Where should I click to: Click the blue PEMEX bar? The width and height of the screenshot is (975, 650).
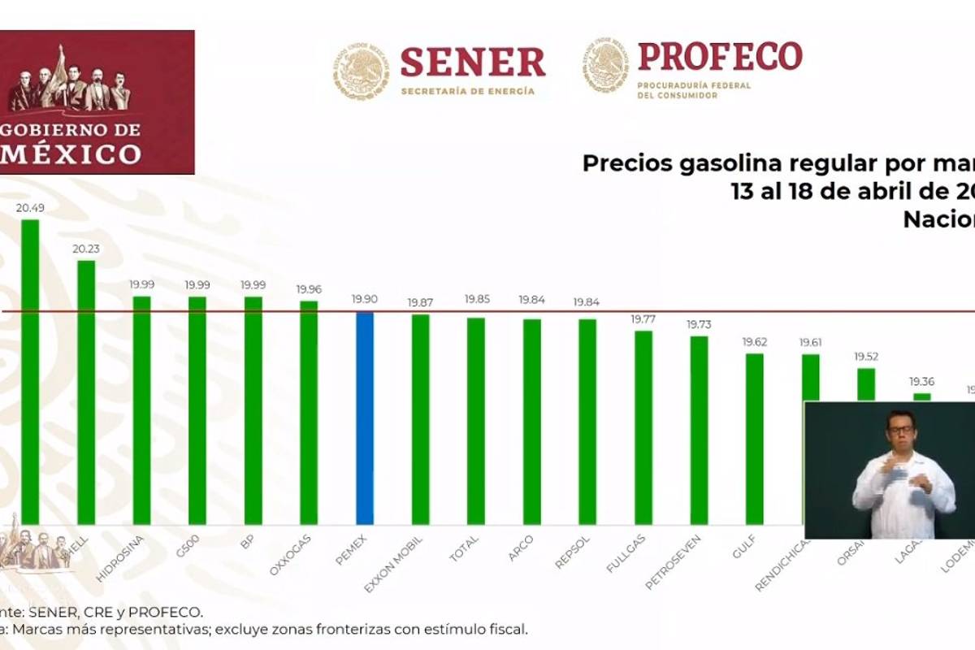(x=365, y=418)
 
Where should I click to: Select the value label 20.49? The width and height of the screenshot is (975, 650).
(x=30, y=208)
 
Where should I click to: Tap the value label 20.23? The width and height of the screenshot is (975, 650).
(x=85, y=249)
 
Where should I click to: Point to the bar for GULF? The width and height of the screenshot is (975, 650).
(x=754, y=439)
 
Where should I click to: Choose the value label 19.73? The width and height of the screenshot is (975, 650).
(x=699, y=324)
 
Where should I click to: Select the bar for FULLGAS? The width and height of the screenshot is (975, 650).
(x=643, y=427)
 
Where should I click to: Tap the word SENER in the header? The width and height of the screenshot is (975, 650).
(x=473, y=63)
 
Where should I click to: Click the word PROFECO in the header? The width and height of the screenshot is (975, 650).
(x=720, y=56)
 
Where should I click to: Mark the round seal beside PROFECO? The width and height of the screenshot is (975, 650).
(x=605, y=65)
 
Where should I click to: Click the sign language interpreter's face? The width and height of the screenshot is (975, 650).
(x=901, y=430)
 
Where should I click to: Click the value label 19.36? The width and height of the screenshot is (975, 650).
(x=921, y=381)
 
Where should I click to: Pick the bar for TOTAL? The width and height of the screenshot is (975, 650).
(x=476, y=421)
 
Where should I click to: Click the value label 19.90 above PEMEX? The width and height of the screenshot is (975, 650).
(x=365, y=300)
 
